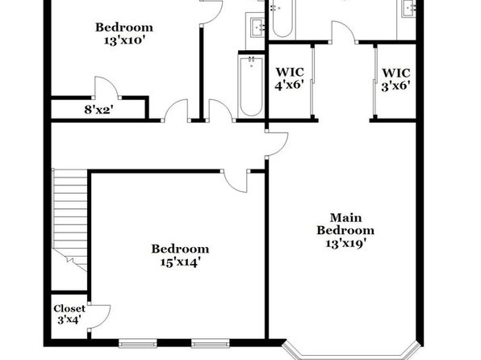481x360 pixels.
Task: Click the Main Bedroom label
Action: (x=345, y=224)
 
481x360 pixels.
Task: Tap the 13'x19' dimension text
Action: (x=345, y=244)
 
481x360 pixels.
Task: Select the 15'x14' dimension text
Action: (x=181, y=262)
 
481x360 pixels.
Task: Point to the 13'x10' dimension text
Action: (x=124, y=40)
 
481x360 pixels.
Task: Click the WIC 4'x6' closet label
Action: (x=290, y=79)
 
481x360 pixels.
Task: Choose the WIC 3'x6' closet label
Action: (x=396, y=79)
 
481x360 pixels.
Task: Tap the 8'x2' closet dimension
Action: (x=98, y=110)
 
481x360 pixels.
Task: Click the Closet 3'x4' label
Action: (x=69, y=314)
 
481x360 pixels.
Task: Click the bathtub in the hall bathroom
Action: (x=251, y=86)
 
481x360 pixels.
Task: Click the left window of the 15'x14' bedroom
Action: (x=137, y=342)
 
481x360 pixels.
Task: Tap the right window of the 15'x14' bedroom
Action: (x=211, y=342)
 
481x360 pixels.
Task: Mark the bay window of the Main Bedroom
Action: (x=350, y=353)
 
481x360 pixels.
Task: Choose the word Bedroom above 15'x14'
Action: (x=181, y=249)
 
